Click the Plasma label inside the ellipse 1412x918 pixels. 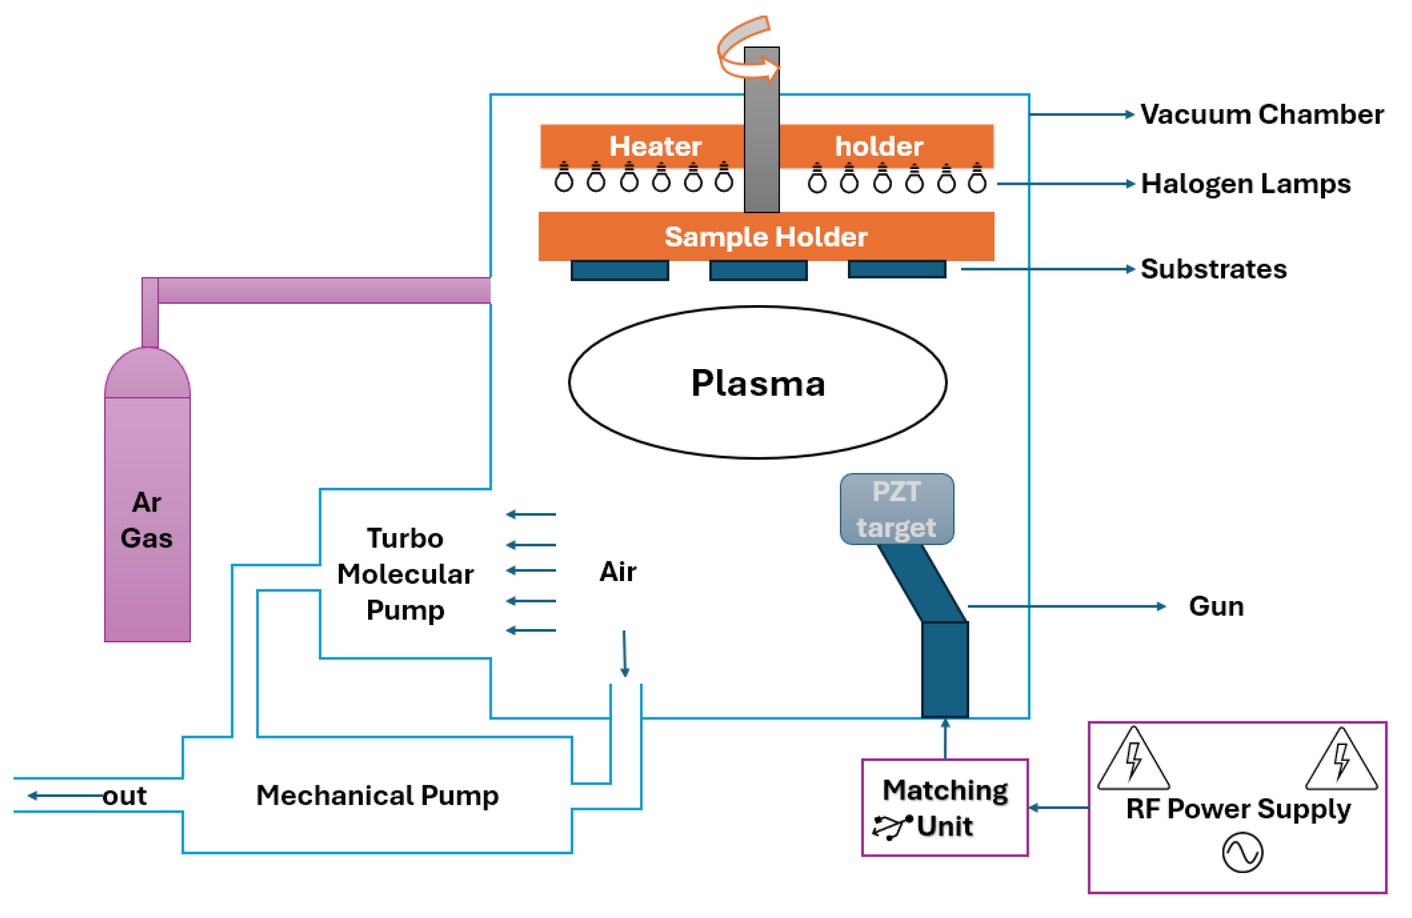tap(758, 383)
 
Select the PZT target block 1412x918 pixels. tap(896, 509)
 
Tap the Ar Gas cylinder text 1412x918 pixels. tap(147, 520)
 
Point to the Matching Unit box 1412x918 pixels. tap(945, 807)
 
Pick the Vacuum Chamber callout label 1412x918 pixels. tap(1262, 114)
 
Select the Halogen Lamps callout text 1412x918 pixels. tap(1245, 184)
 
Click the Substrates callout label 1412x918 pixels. tap(1213, 269)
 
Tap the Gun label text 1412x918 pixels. tap(1216, 606)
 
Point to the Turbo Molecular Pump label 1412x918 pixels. tap(405, 574)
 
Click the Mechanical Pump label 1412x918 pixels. tap(377, 795)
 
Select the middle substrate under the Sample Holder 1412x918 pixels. tap(758, 270)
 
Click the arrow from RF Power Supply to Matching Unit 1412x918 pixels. tap(1058, 807)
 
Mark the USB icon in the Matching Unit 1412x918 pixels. tap(892, 827)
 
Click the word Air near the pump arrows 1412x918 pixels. tap(617, 572)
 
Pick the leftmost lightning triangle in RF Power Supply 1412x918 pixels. tap(1133, 760)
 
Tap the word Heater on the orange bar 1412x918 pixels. tap(655, 147)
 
